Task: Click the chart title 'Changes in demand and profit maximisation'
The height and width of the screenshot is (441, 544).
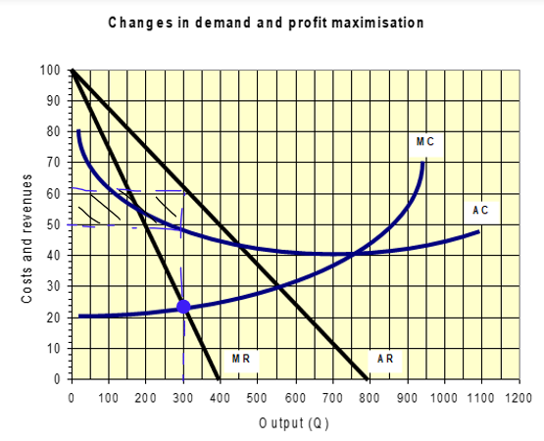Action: pos(266,23)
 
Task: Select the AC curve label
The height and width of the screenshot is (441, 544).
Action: pos(480,210)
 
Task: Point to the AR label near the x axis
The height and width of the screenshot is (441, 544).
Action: pos(385,360)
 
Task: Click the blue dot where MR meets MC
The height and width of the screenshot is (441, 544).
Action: pos(183,307)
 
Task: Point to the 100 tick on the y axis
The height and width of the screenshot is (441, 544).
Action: pos(50,70)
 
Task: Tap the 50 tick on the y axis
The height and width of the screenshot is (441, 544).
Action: pos(53,224)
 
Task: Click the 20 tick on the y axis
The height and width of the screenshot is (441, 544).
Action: pos(53,318)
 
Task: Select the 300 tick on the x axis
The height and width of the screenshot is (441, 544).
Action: pos(183,398)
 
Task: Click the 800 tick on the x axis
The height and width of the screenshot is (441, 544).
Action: pos(369,398)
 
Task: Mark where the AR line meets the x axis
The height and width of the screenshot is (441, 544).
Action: pos(369,379)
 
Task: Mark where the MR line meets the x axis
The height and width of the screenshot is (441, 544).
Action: pos(220,379)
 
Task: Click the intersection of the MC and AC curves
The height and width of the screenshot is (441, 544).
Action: pos(353,254)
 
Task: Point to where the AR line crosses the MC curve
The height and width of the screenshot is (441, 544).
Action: pos(278,286)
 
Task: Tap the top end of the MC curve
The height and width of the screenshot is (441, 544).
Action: pos(423,163)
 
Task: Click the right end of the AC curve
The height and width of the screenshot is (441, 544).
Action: pos(479,231)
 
